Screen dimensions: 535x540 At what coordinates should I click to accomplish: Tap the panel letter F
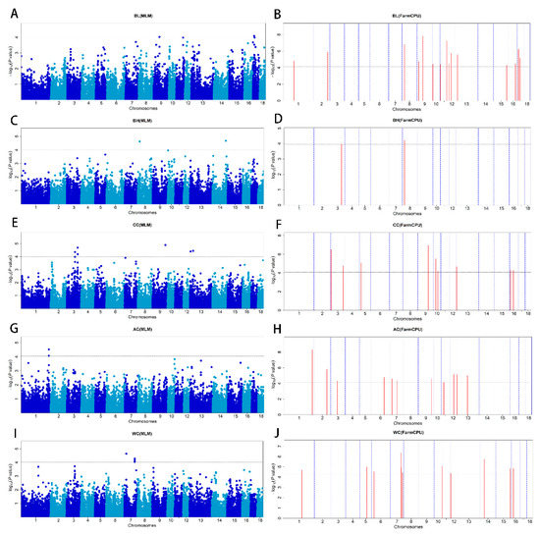click(279, 224)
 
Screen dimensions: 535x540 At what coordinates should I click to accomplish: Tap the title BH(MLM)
click(142, 122)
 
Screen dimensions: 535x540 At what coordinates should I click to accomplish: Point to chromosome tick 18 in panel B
click(527, 103)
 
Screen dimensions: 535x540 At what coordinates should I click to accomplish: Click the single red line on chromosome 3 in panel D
click(341, 173)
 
